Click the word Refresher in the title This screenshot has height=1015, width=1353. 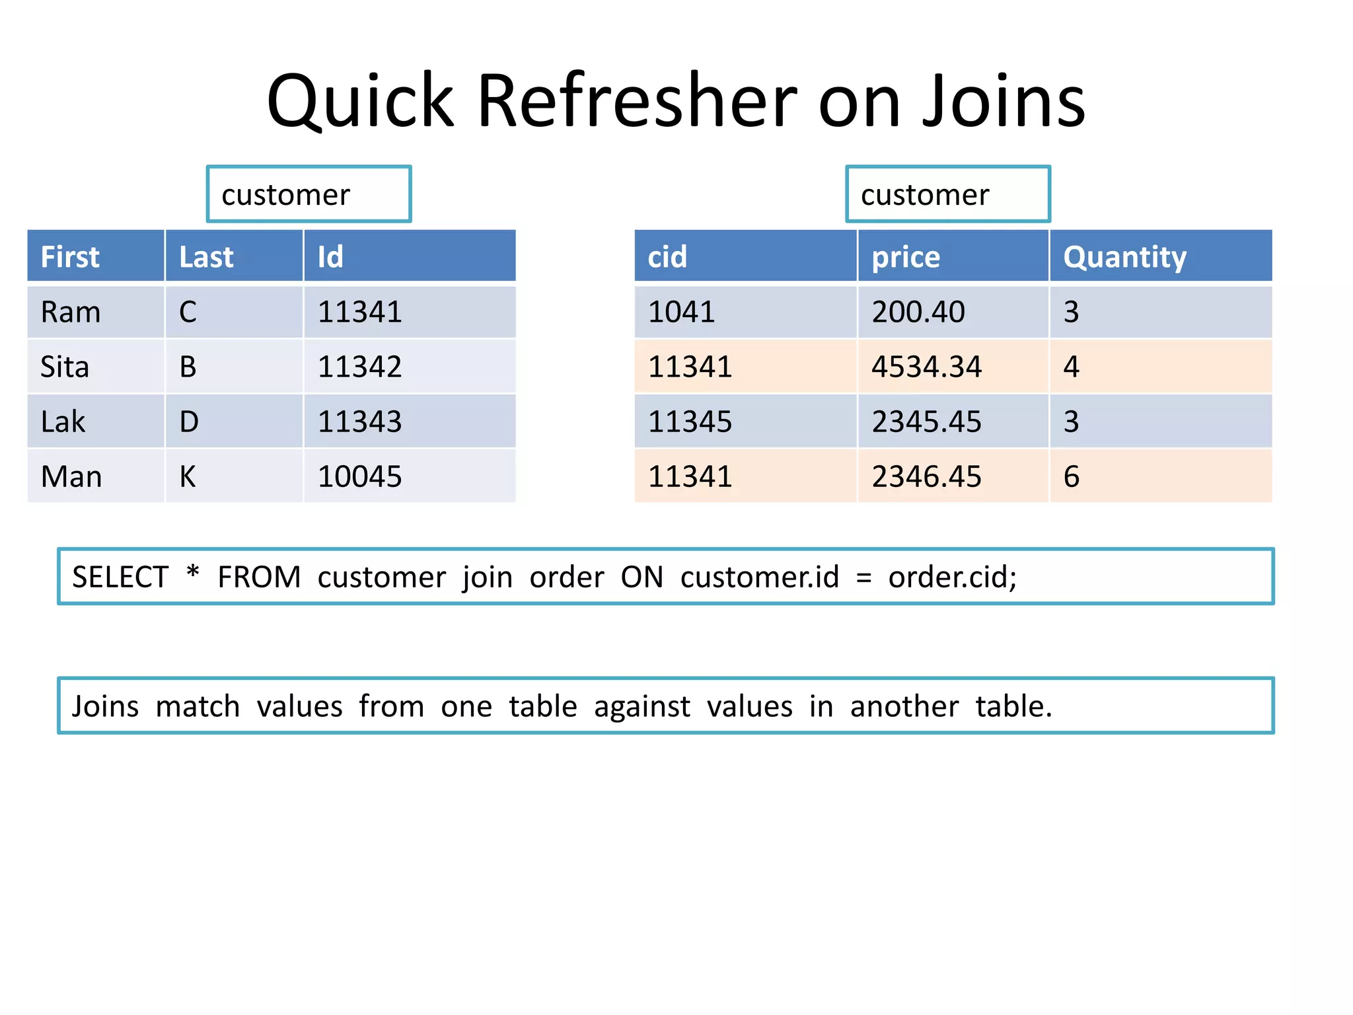636,101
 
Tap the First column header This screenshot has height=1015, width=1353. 70,257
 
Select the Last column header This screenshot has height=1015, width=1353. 206,257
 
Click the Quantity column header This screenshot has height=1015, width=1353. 1124,257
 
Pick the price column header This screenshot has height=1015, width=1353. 905,257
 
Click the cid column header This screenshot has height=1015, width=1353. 667,257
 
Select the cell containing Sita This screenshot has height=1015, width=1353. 65,367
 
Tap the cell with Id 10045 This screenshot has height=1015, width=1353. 360,476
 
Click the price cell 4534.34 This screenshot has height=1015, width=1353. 926,367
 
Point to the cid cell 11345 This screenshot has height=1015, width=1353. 690,422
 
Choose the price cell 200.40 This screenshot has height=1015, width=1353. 918,312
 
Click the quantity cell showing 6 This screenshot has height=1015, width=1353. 1072,476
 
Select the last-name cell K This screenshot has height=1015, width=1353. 188,476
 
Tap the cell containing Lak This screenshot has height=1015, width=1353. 63,422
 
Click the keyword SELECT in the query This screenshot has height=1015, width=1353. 120,577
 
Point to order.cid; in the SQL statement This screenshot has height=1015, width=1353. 952,577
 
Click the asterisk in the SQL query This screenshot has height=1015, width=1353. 193,572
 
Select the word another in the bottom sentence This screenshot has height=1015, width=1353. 904,706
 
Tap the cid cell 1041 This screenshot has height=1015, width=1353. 681,312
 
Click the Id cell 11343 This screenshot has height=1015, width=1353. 360,422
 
